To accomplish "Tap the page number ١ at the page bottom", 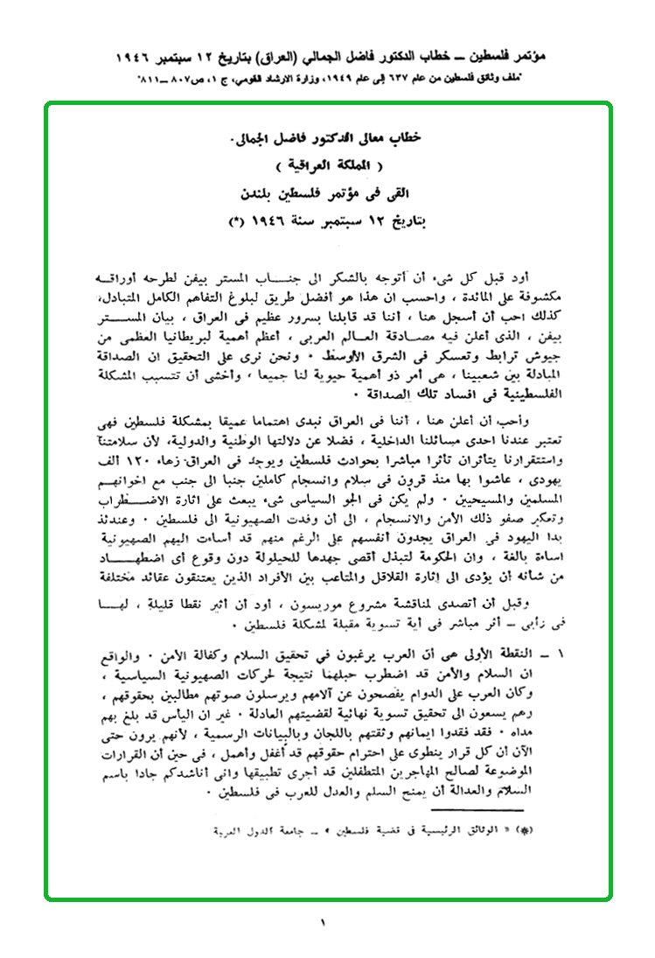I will click(x=323, y=921).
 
